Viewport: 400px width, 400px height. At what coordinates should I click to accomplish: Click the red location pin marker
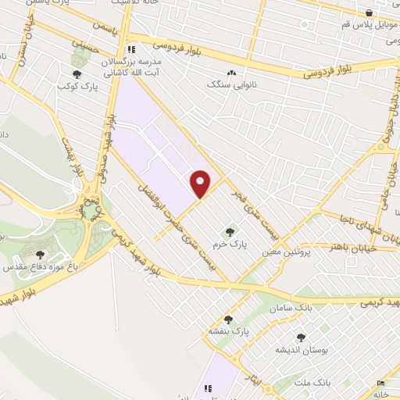(202, 184)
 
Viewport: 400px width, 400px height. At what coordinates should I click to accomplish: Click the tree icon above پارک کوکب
(74, 73)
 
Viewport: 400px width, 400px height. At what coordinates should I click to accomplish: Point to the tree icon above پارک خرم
(230, 231)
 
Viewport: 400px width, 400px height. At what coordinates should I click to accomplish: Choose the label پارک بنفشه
(229, 331)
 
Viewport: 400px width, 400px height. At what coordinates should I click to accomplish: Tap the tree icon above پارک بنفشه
(229, 319)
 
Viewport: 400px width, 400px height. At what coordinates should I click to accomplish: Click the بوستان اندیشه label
(301, 349)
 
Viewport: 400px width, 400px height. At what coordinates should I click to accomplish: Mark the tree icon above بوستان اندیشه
(301, 337)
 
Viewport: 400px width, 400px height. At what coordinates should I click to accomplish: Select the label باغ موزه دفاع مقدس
(40, 266)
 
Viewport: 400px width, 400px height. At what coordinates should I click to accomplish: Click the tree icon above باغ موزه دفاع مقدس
(40, 254)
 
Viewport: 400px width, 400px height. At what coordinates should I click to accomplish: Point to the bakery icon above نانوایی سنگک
(232, 72)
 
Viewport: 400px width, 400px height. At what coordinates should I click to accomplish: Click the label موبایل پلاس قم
(369, 23)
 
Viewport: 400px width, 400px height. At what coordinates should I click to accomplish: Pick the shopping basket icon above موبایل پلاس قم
(370, 12)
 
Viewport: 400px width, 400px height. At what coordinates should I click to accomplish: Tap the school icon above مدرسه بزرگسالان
(132, 48)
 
